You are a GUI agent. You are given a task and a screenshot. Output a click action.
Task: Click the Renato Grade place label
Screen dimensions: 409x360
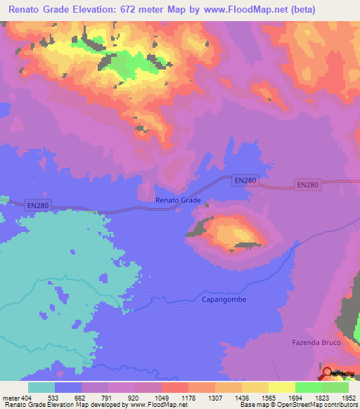point(178,200)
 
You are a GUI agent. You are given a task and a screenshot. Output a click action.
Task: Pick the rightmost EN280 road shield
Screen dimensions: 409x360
point(308,185)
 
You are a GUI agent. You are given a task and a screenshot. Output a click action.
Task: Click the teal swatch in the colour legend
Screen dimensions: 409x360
point(41,387)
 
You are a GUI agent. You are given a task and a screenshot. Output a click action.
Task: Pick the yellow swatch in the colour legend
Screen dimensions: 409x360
point(282,387)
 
